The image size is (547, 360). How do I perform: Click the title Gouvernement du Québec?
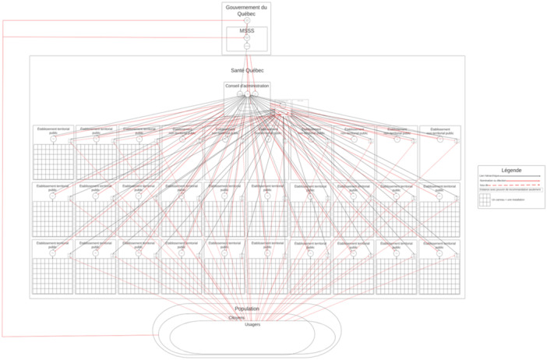(246, 10)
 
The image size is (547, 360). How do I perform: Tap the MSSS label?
(246, 31)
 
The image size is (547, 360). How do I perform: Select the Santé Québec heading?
(247, 70)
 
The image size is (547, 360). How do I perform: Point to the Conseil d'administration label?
(247, 86)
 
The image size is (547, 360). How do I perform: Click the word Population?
(247, 309)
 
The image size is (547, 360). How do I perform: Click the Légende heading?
(511, 170)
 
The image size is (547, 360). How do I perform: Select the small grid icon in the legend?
(485, 200)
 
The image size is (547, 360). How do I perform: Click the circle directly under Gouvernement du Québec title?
(246, 20)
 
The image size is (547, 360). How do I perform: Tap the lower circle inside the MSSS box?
(246, 46)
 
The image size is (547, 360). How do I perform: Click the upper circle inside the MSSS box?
(246, 37)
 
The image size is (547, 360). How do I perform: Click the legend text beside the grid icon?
(510, 200)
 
